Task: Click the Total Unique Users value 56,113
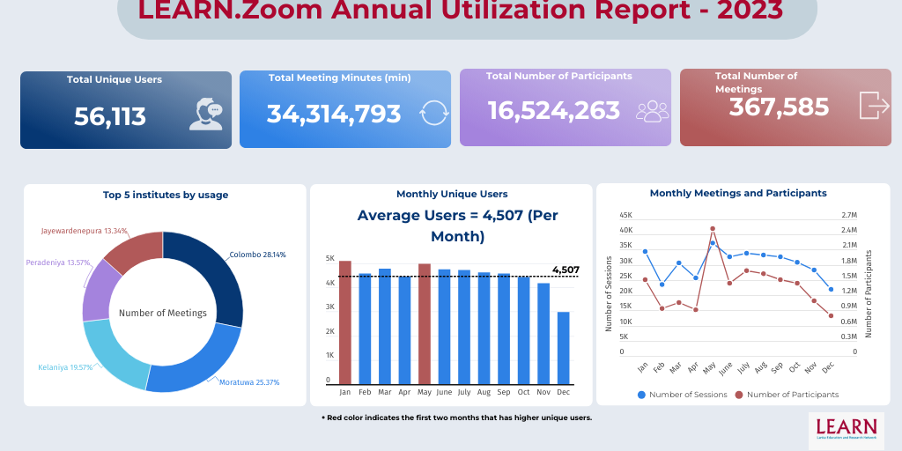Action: coord(110,115)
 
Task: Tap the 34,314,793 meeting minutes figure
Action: coord(334,114)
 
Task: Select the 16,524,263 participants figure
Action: coord(554,110)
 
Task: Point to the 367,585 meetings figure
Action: coord(779,107)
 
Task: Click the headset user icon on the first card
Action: coord(205,113)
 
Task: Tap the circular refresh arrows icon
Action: coord(434,113)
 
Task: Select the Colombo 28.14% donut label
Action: coord(257,255)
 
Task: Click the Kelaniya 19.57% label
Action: coord(65,367)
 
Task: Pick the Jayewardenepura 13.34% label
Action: coord(84,231)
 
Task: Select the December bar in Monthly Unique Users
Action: coord(563,348)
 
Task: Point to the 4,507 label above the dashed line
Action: coord(565,270)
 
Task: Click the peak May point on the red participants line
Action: coord(713,228)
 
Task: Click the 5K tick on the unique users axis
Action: coord(330,259)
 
